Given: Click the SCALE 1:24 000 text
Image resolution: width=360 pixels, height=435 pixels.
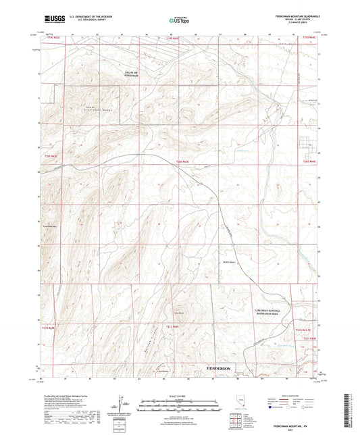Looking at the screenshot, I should [180, 395].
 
